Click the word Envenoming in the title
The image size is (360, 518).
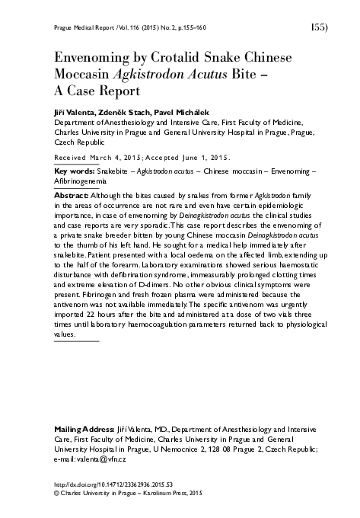[x=87, y=59]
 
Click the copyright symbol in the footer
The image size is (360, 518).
[x=56, y=493]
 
